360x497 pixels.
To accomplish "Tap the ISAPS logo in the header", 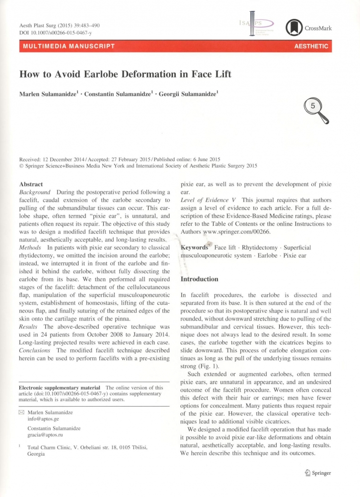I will (257, 25).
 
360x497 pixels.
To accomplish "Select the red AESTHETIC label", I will (311, 46).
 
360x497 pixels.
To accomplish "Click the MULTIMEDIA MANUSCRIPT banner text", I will (68, 46).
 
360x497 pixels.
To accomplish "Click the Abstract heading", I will (31, 183).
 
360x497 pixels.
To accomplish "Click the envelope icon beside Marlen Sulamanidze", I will (21, 413).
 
